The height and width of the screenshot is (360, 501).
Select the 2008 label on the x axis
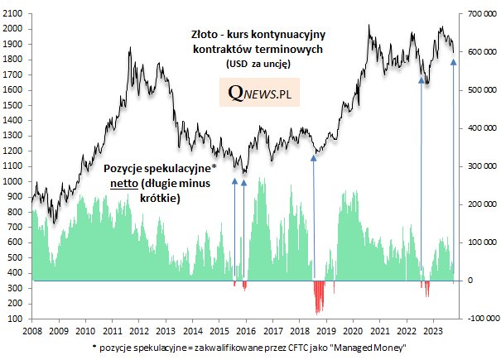click(x=33, y=329)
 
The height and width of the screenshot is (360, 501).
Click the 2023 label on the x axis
click(x=433, y=329)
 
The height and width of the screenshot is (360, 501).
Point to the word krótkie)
click(x=159, y=199)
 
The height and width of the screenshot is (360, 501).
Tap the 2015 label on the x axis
click(x=219, y=329)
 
